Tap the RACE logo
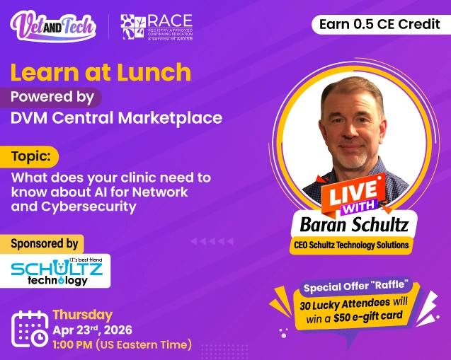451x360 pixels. point(156,27)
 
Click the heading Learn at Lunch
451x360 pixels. point(101,71)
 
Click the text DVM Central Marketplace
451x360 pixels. point(116,118)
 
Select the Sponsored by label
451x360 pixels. point(44,243)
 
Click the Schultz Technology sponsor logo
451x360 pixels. point(57,271)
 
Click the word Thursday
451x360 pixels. point(82,315)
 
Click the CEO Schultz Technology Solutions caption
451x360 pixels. point(352,245)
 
